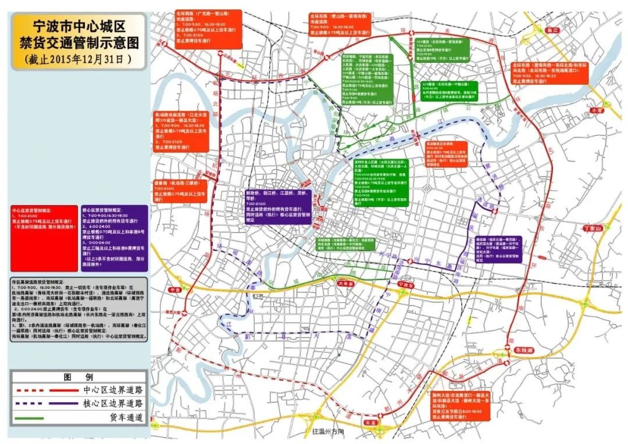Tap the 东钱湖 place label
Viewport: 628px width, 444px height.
526,351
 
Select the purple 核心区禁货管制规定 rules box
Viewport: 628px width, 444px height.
115,237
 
